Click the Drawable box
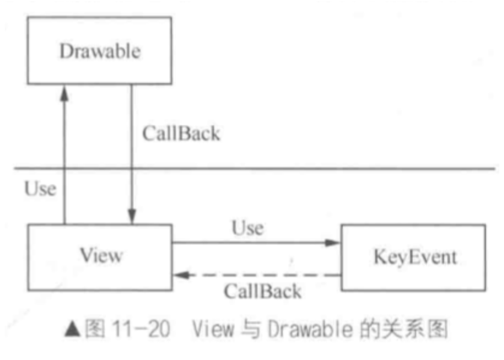(99, 51)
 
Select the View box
(99, 256)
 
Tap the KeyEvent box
(414, 258)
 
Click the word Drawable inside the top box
(99, 51)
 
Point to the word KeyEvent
(414, 258)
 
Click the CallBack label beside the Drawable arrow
(181, 133)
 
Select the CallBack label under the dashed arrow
(262, 292)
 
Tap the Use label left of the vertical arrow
(40, 189)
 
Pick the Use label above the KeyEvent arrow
(247, 229)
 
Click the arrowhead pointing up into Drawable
(65, 92)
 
